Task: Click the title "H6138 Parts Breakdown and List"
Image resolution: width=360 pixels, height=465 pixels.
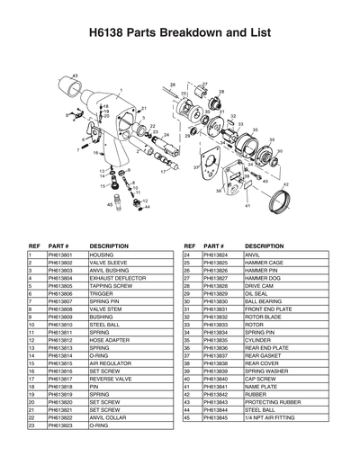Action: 180,33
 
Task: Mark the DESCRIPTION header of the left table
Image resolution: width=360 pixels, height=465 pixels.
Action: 110,245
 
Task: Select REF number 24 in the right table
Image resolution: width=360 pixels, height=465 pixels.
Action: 186,255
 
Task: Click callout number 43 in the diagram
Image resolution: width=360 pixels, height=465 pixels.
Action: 75,74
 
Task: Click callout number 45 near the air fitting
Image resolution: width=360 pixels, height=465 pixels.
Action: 109,205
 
